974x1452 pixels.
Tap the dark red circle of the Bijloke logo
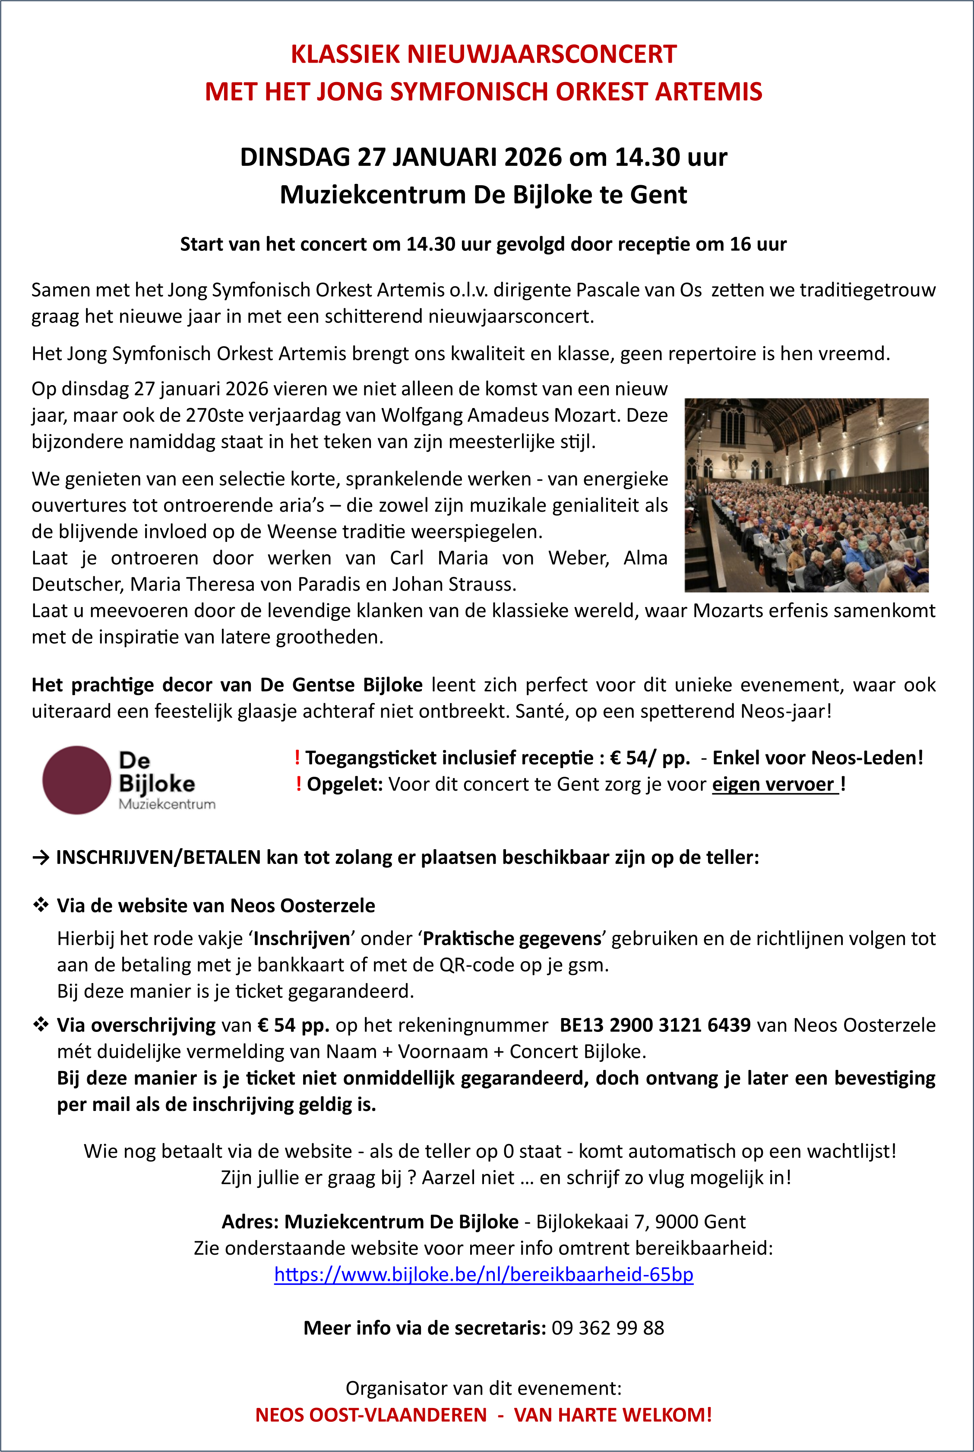point(76,780)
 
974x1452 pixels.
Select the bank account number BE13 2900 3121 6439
point(655,1025)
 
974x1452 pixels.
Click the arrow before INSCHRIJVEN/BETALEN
point(41,857)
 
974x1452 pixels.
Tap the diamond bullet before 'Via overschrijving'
point(41,1025)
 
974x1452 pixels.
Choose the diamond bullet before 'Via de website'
point(41,905)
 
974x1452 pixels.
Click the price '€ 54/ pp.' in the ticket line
point(650,758)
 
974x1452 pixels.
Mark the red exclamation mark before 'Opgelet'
point(299,785)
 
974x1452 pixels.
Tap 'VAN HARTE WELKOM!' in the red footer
point(613,1415)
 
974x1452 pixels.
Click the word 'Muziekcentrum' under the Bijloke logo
point(167,804)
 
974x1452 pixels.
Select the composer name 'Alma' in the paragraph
point(645,558)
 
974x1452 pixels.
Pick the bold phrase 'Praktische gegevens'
point(512,938)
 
